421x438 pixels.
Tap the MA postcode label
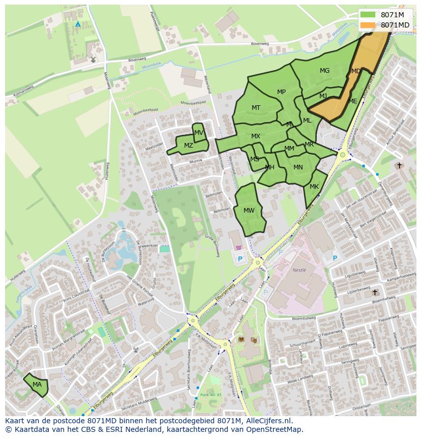[37, 385]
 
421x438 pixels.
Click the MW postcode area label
[249, 211]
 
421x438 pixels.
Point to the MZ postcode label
[189, 145]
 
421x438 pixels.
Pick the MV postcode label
[199, 133]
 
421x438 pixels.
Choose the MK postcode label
[314, 187]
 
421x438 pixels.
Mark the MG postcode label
[325, 71]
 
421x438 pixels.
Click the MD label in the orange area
[356, 71]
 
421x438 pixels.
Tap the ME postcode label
[353, 101]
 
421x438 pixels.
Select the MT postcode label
[256, 108]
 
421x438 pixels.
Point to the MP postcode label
[282, 92]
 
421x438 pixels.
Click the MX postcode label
[256, 136]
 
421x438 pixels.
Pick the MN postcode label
[298, 167]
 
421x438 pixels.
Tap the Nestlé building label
[299, 270]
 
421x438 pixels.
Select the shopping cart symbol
[239, 248]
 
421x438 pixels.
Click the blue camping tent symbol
[78, 24]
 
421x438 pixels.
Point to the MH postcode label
[270, 167]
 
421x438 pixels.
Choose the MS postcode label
[255, 159]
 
